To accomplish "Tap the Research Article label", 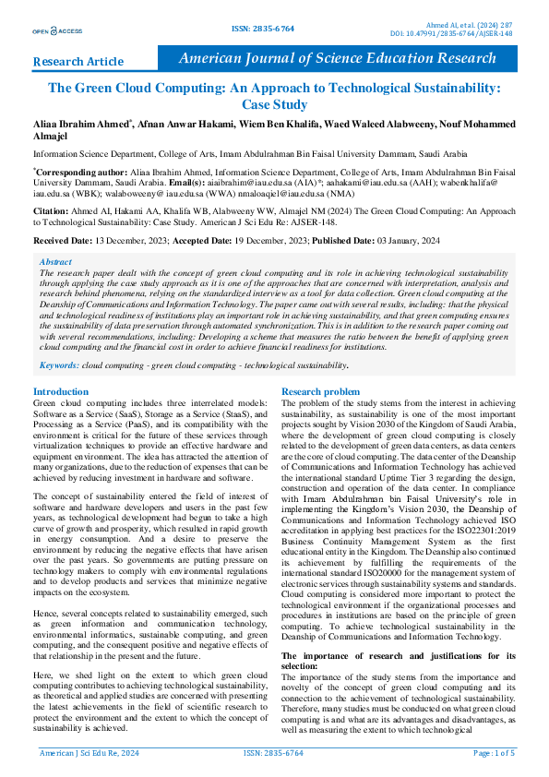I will point(78,62).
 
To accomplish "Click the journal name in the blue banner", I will point(350,58).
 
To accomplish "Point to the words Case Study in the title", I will point(274,105).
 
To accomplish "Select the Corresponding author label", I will point(80,172).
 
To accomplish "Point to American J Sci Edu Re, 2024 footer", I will point(89,754).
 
